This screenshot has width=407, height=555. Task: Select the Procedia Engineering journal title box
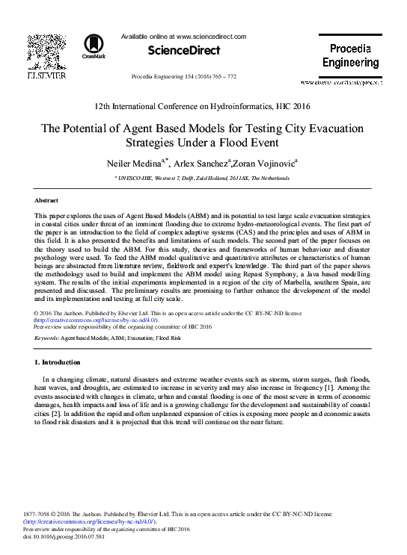pyautogui.click(x=350, y=56)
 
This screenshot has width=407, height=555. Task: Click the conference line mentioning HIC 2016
pyautogui.click(x=203, y=108)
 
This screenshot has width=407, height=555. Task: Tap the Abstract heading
pyautogui.click(x=47, y=201)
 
